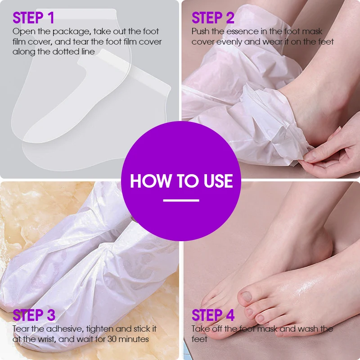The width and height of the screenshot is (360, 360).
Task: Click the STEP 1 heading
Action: click(33, 18)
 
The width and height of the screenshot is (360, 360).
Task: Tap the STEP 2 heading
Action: click(213, 18)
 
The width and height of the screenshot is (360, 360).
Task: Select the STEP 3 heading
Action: click(34, 315)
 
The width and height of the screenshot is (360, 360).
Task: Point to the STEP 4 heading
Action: click(213, 315)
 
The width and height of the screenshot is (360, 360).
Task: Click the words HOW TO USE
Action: click(181, 181)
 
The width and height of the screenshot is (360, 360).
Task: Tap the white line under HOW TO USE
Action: click(181, 200)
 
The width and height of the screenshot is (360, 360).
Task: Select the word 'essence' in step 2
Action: click(240, 31)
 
